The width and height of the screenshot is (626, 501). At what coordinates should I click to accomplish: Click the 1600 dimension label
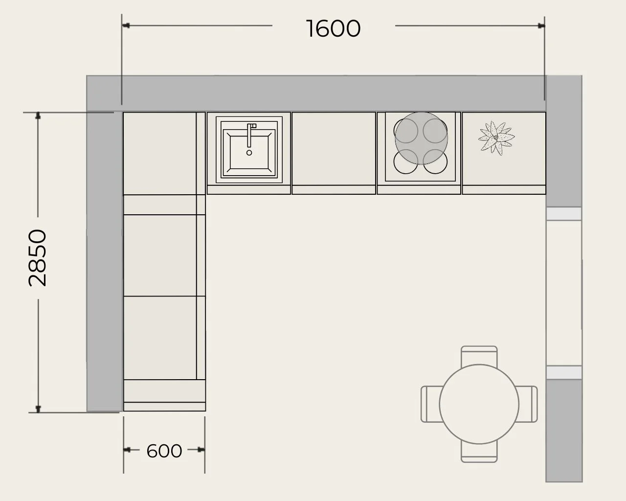pos(334,28)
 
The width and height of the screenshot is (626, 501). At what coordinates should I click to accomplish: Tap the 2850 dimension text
pos(38,258)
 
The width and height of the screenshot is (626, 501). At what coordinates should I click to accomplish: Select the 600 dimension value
pos(164,451)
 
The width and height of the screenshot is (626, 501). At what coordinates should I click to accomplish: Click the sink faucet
pos(250,135)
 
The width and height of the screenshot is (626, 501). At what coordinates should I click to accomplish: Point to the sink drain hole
pos(249,153)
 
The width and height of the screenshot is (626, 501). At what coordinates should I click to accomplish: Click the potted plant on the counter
pos(496,137)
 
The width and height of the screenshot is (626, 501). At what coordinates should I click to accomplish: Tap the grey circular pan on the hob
pos(421,138)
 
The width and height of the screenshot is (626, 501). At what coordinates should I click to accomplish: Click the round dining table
pos(479,404)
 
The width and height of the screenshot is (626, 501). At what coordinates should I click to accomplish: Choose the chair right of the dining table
pos(527,404)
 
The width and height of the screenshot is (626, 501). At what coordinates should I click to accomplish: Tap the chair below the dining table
pos(479,452)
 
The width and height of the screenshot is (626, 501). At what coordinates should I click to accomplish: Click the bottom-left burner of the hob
pos(406,161)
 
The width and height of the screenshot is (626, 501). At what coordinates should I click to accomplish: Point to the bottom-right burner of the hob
pos(435,161)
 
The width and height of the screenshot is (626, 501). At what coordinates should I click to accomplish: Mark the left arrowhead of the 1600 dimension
pos(126,25)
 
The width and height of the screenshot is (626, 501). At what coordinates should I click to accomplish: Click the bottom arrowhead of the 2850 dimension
pos(38,409)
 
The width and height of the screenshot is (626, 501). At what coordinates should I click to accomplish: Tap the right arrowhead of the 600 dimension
pos(201,450)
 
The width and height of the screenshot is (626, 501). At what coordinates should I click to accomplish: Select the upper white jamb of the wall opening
pos(564,214)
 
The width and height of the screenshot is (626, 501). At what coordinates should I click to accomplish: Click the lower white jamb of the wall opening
pos(564,373)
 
